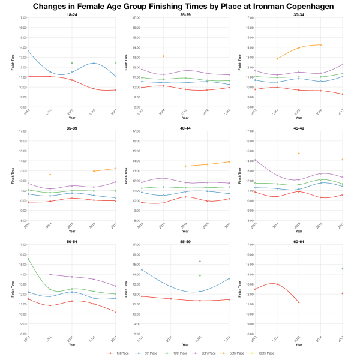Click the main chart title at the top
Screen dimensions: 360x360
pos(180,7)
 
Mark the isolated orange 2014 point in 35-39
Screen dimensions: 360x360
pos(50,175)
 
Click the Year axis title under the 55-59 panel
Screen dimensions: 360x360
pos(185,344)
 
